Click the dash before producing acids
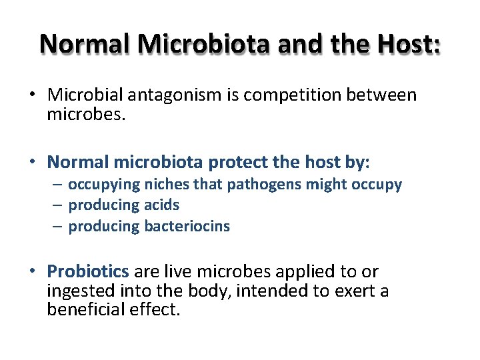pyautogui.click(x=59, y=205)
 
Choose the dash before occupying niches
pyautogui.click(x=59, y=184)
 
